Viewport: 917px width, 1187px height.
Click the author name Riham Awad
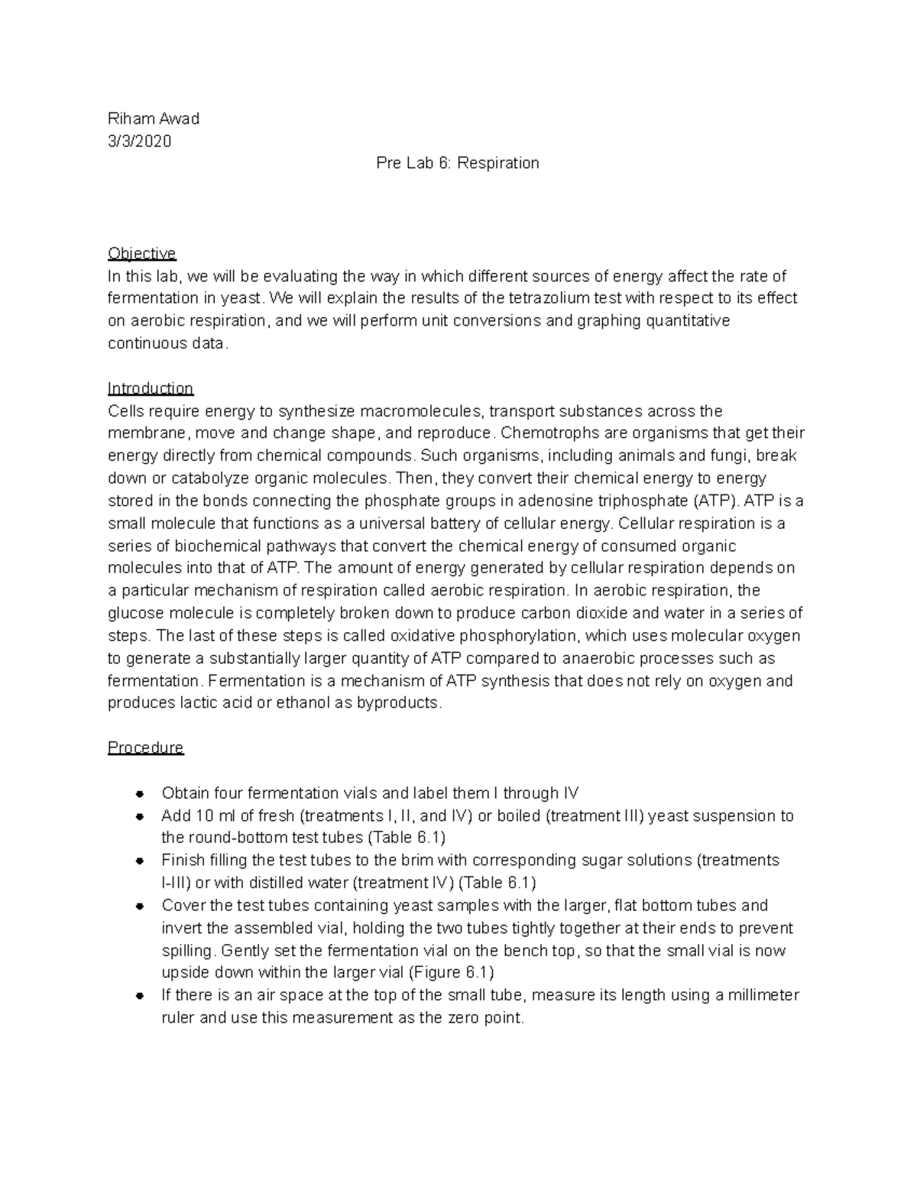154,118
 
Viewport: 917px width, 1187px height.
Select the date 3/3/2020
140,141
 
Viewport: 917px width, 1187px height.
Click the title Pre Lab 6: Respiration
458,163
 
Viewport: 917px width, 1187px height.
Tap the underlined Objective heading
142,253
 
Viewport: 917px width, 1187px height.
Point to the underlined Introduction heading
151,388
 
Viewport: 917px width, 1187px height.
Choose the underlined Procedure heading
146,748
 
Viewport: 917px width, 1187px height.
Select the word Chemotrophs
549,433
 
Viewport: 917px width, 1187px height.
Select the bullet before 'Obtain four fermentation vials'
139,793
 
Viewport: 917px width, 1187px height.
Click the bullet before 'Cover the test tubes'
139,906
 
